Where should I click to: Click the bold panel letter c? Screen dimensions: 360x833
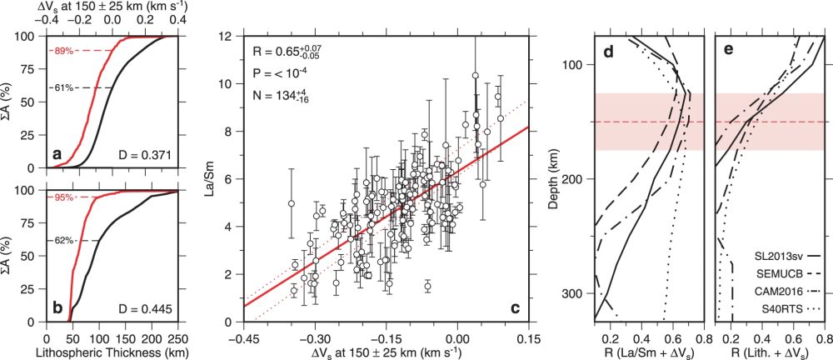[516, 308]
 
